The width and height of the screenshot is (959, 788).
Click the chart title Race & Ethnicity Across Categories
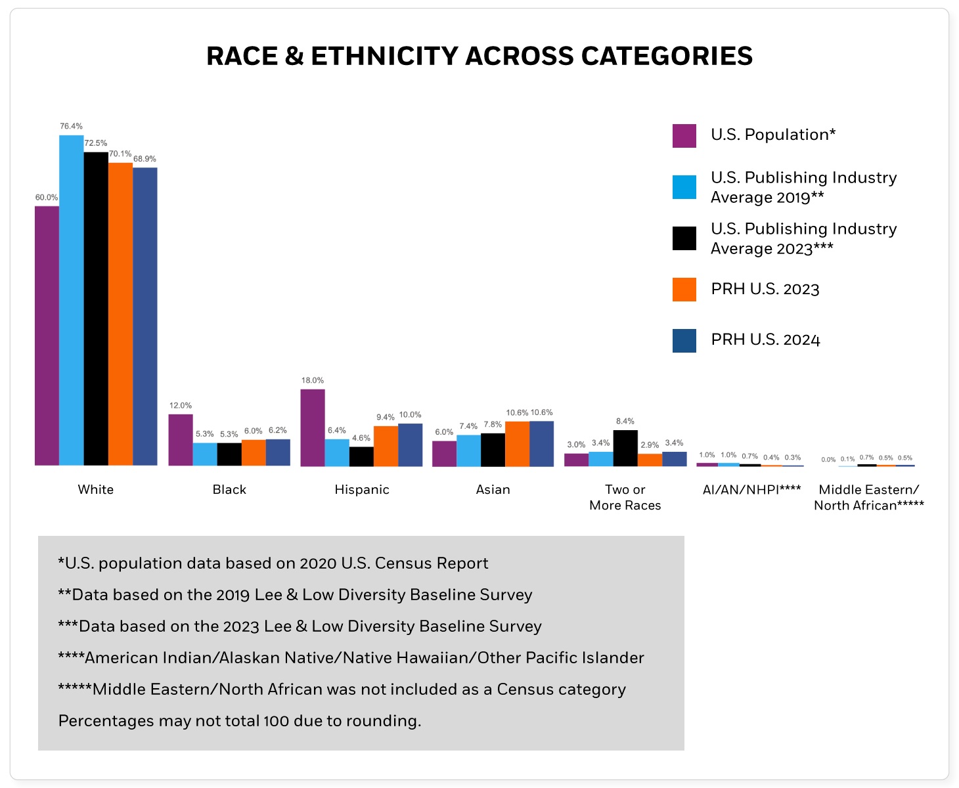(480, 56)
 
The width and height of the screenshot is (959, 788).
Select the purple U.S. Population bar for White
(47, 336)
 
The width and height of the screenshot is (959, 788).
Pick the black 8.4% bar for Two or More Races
(625, 448)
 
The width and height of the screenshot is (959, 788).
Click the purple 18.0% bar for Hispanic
(313, 427)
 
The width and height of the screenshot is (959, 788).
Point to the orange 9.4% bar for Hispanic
(386, 446)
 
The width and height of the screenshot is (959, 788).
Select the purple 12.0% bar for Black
(181, 440)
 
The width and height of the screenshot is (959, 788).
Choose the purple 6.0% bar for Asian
(444, 453)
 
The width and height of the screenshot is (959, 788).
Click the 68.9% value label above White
(145, 159)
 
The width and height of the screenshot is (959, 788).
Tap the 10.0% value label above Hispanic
(410, 415)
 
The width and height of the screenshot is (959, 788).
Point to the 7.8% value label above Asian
(493, 425)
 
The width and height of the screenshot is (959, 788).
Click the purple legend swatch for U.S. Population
(684, 136)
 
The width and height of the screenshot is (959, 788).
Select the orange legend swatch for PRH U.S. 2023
(684, 290)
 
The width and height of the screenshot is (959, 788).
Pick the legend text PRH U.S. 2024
(765, 340)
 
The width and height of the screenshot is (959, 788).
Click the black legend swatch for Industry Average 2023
(684, 238)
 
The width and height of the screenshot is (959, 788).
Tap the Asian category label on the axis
(493, 490)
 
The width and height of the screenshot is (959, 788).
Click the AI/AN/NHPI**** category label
(751, 490)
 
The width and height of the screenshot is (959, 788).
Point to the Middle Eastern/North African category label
(868, 498)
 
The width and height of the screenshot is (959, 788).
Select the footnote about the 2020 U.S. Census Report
(273, 563)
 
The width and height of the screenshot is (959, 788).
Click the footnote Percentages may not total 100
(240, 721)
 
